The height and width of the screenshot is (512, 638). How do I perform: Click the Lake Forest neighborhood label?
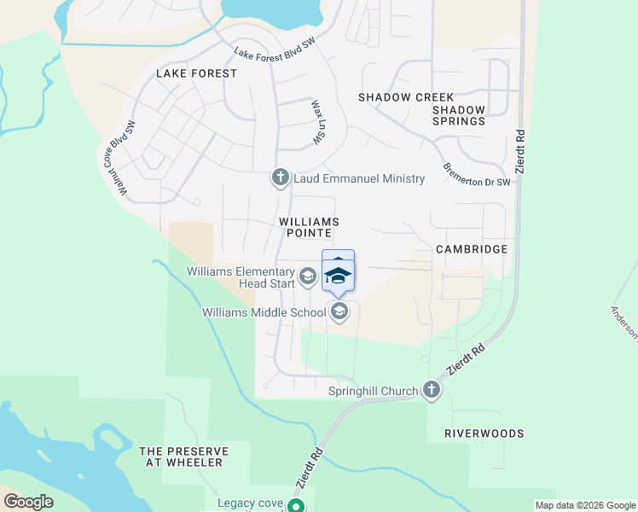click(x=196, y=73)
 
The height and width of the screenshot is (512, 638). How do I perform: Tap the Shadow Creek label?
click(x=406, y=97)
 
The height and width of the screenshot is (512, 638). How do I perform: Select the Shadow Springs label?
click(x=458, y=115)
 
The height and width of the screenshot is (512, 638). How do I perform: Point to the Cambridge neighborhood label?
click(x=471, y=249)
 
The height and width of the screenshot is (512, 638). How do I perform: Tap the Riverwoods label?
click(x=484, y=433)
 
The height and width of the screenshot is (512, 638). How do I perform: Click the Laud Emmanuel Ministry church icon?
click(x=280, y=177)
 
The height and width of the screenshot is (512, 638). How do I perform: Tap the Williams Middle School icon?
click(x=339, y=312)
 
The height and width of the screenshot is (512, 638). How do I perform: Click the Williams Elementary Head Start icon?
click(x=307, y=277)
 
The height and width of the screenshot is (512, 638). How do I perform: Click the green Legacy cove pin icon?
click(x=296, y=506)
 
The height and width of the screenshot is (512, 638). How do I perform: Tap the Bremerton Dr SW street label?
click(x=476, y=173)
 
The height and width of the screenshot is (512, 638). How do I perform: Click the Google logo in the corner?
click(x=28, y=502)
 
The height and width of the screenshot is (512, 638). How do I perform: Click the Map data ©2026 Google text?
click(x=585, y=505)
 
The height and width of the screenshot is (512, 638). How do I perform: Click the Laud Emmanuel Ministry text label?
click(x=359, y=178)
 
